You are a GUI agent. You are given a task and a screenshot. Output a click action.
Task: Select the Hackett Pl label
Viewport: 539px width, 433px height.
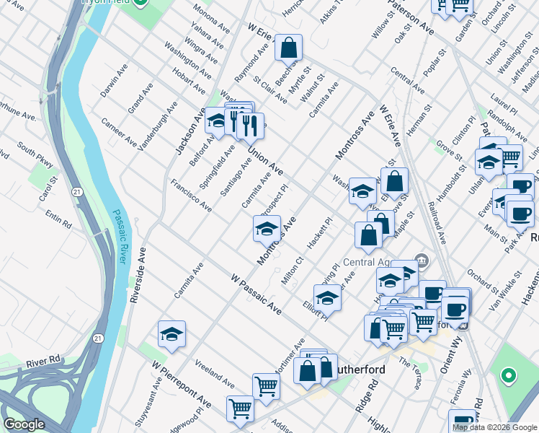[318, 233]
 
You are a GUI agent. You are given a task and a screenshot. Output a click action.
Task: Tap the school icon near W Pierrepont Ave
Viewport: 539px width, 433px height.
[171, 334]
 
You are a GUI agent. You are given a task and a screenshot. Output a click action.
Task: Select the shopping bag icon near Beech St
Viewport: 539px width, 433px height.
[288, 48]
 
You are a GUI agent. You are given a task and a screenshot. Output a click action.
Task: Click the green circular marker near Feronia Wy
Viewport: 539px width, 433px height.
[509, 375]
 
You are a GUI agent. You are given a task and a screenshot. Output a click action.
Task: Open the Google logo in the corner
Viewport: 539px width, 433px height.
[24, 425]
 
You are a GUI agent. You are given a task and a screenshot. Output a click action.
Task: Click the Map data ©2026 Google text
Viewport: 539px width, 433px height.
[494, 427]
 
